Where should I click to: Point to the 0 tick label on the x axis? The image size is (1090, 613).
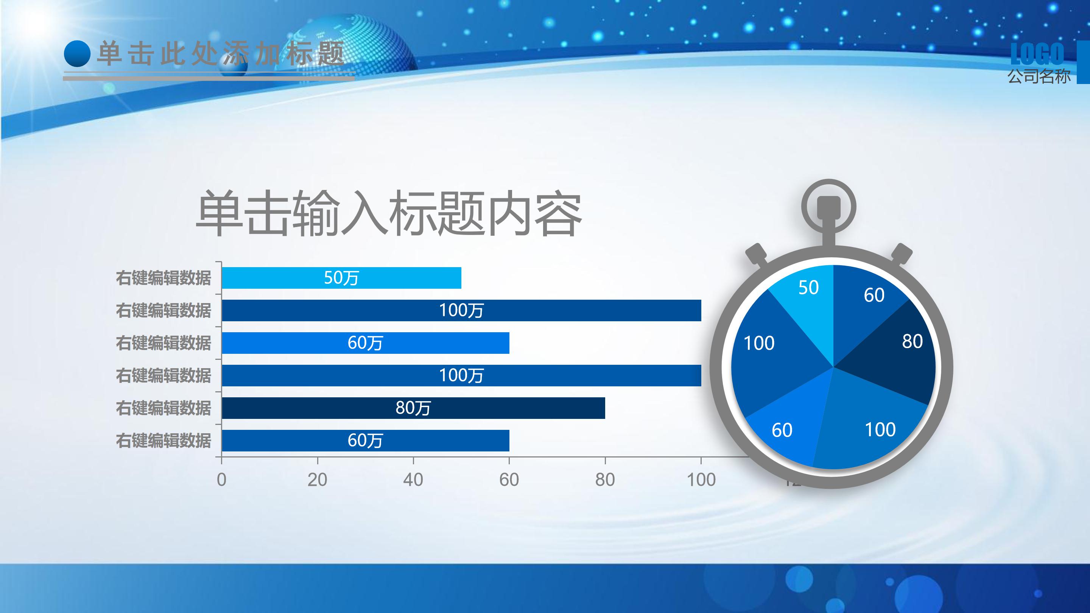pos(221,480)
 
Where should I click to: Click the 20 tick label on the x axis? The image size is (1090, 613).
pos(318,480)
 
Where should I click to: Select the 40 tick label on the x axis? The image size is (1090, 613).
pos(413,480)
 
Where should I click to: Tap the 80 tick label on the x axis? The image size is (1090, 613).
pos(605,480)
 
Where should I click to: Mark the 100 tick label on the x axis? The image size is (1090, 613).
pos(701,480)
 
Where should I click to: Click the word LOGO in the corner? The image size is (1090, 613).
pos(1037,54)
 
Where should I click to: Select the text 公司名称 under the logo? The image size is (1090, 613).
pos(1039,76)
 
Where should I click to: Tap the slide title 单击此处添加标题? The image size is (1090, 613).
pos(220,54)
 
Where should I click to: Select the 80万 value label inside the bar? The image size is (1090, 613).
pos(413,408)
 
